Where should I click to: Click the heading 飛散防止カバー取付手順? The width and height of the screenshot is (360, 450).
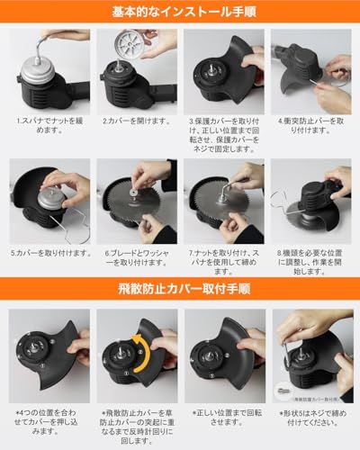(180, 291)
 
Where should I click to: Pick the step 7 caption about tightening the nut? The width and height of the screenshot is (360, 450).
(222, 258)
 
